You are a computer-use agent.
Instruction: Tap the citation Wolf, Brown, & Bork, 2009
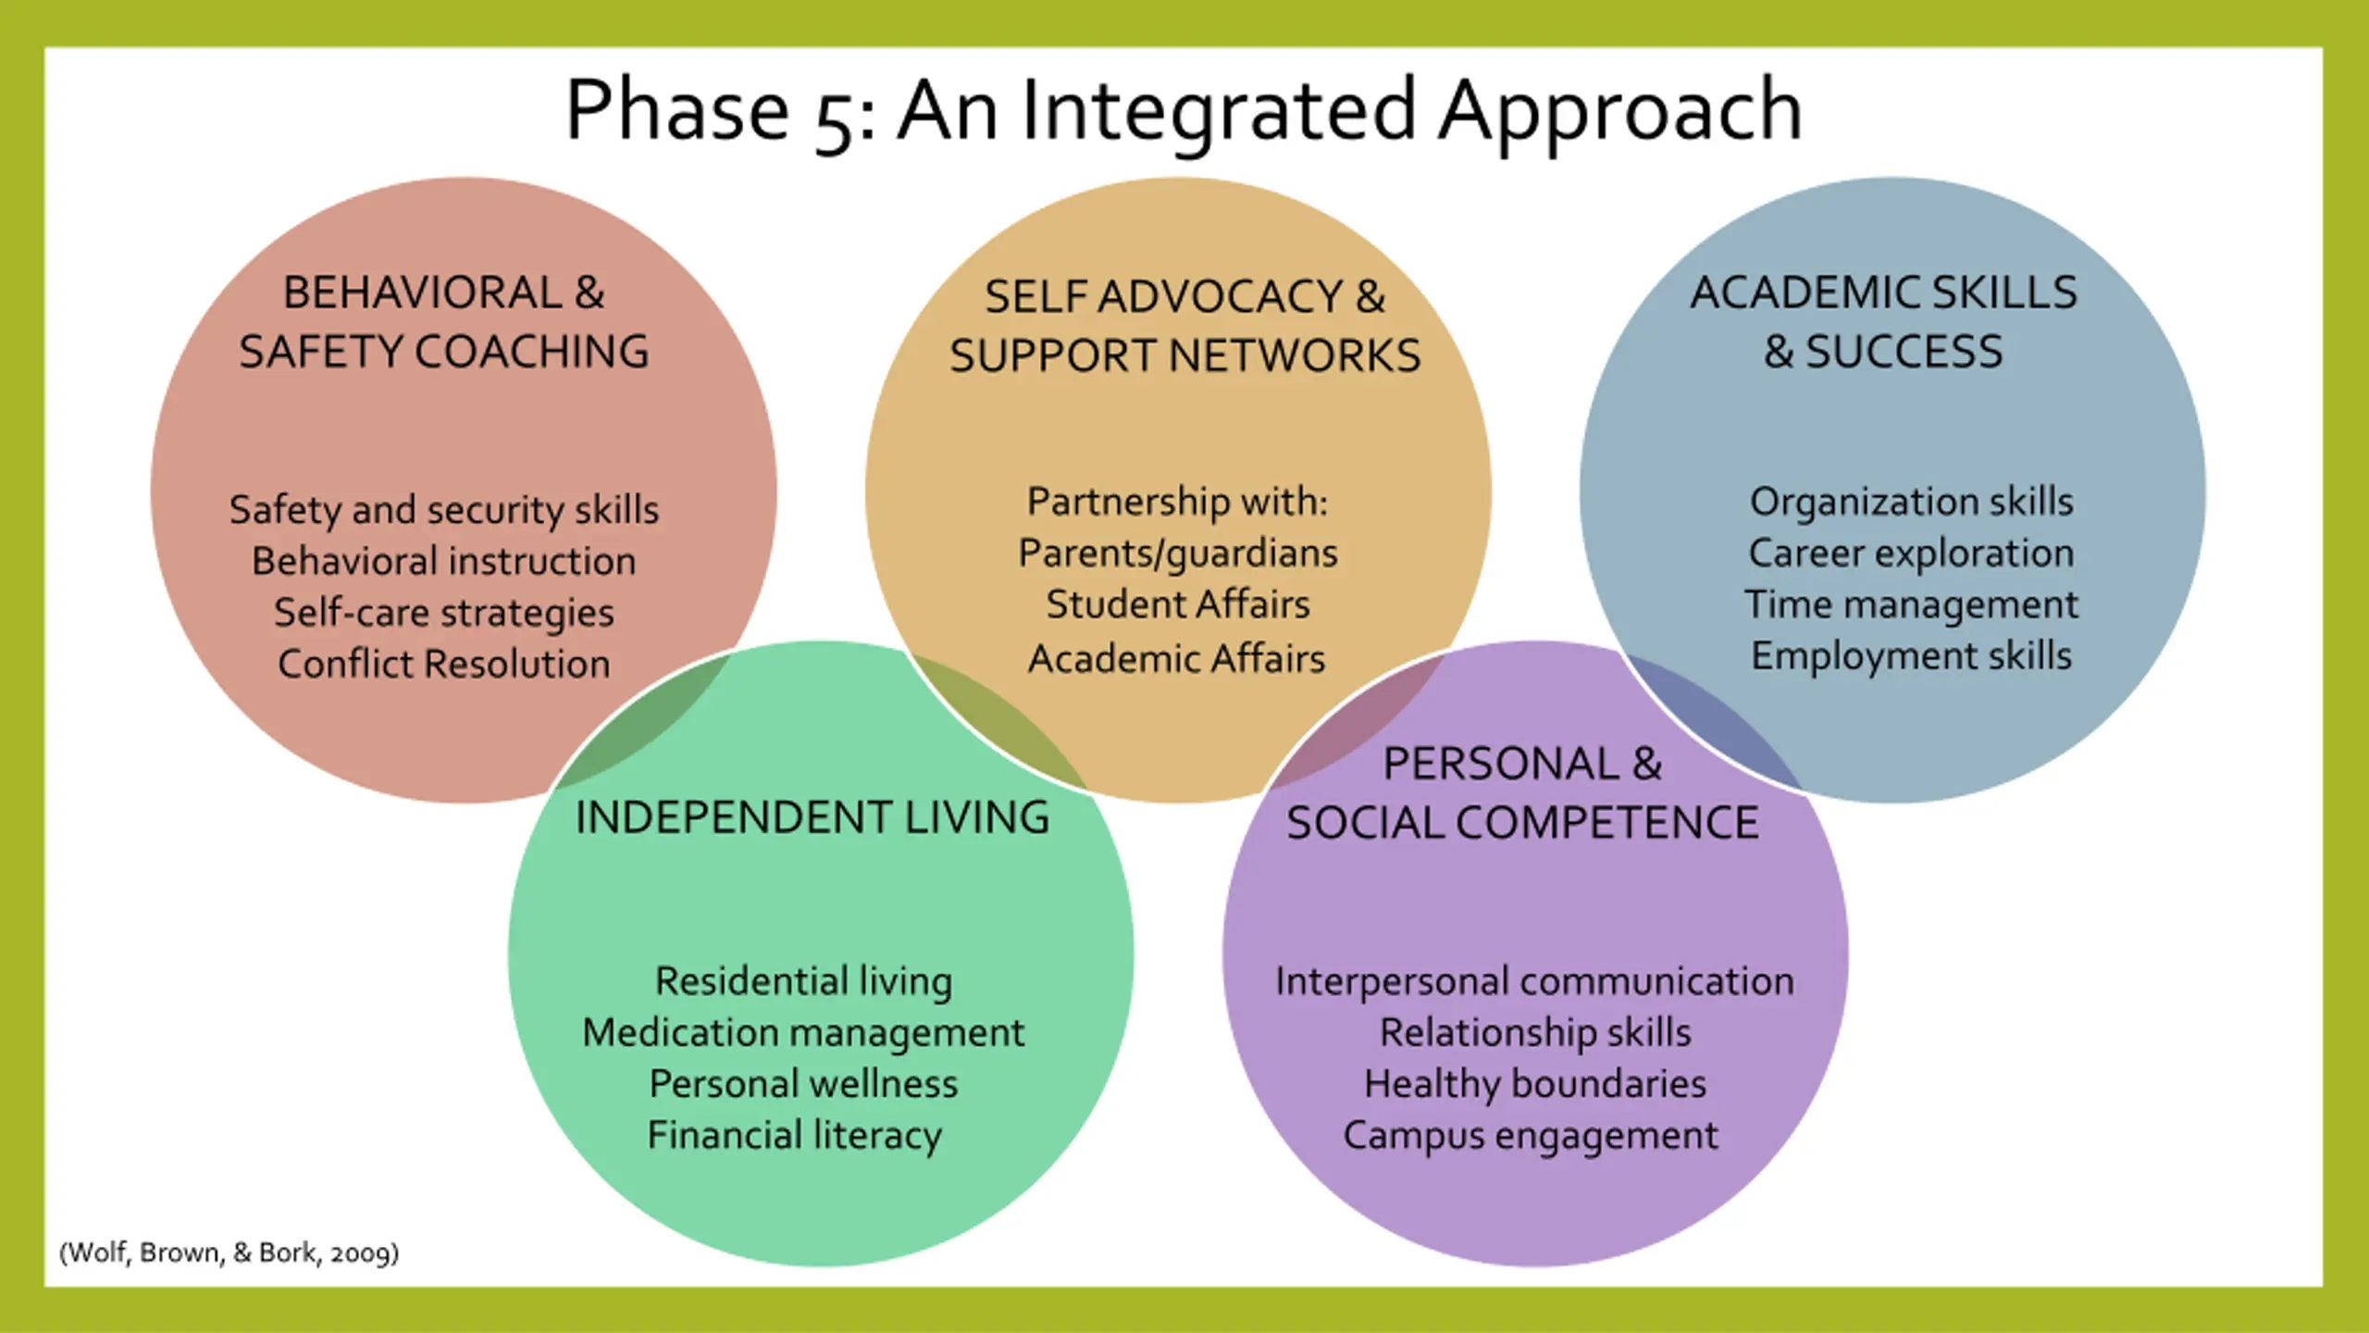229,1252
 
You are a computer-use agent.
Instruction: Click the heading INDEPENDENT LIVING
812,817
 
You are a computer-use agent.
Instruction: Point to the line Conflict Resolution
444,664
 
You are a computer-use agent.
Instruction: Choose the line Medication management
803,1032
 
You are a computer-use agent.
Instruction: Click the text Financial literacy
794,1135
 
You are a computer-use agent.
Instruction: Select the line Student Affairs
1178,604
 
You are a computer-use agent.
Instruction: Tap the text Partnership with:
1177,502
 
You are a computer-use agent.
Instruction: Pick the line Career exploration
1911,554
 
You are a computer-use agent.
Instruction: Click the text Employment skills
1911,656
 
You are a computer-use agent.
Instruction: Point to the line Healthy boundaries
1535,1084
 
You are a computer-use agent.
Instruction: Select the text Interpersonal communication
1534,981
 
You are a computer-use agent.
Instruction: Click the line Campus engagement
1531,1136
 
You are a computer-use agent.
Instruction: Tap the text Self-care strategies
444,613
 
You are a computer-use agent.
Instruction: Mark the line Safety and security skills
444,510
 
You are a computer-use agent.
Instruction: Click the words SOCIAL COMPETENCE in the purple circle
1522,823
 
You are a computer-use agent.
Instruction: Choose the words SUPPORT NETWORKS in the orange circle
1184,356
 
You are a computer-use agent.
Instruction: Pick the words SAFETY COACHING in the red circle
444,352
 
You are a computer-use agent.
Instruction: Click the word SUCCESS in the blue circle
1904,352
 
